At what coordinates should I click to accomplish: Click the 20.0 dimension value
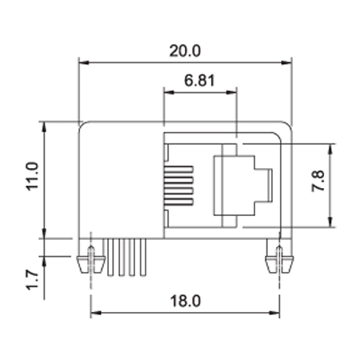(x=185, y=50)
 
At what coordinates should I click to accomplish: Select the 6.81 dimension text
(x=199, y=80)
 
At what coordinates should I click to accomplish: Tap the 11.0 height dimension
(x=32, y=176)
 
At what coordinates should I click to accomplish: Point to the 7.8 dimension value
(x=318, y=181)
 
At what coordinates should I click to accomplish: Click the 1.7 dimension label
(x=32, y=280)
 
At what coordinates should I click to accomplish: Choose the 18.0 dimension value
(x=185, y=301)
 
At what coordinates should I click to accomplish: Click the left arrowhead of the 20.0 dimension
(x=84, y=62)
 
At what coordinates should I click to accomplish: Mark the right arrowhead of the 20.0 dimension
(x=286, y=62)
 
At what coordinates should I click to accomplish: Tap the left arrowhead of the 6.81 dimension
(x=169, y=93)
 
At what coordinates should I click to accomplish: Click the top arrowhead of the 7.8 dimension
(x=330, y=150)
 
